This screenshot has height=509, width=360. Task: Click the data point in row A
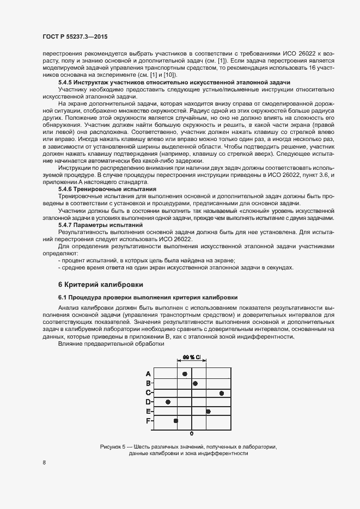point(185,373)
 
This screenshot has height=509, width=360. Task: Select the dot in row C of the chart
point(222,393)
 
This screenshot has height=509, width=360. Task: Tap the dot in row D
point(168,402)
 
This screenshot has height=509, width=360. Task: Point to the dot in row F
point(175,420)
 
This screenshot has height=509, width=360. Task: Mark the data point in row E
point(208,411)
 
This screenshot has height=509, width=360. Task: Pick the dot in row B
point(195,383)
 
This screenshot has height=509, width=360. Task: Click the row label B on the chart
point(148,383)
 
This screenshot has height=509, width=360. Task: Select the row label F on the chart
point(148,421)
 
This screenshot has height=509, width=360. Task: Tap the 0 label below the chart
point(192,434)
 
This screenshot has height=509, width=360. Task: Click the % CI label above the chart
point(192,357)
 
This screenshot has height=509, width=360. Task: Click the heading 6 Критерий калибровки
point(101,284)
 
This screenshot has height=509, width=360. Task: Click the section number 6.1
point(63,298)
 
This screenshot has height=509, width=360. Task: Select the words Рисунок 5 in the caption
point(113,446)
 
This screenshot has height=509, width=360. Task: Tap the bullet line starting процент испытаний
point(148,260)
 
